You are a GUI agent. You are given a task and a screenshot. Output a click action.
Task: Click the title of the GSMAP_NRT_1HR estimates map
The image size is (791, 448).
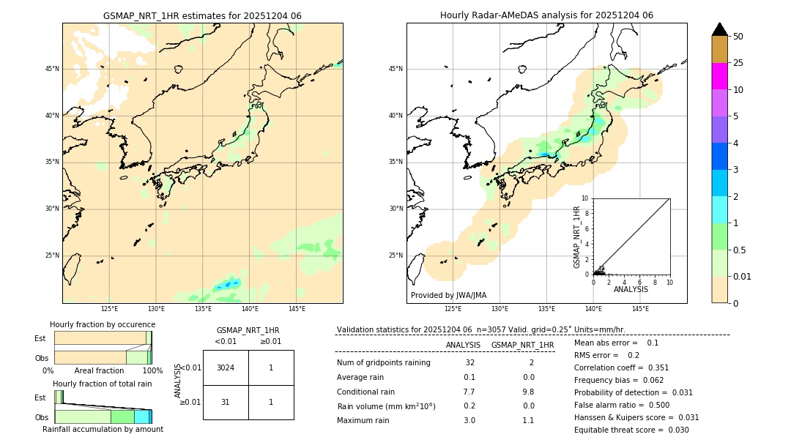tap(202, 15)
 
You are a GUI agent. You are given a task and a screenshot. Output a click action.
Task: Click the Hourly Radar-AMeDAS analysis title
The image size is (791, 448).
tap(546, 15)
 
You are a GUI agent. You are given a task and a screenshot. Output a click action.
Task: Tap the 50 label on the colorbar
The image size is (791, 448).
tap(738, 37)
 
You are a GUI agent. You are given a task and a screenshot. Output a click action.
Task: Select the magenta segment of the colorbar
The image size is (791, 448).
tap(720, 76)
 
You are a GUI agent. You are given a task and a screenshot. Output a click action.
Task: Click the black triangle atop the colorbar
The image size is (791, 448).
tap(720, 29)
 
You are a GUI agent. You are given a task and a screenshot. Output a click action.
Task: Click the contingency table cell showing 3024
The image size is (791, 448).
tap(226, 367)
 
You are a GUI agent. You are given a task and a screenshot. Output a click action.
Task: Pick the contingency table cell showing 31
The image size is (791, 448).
tap(226, 402)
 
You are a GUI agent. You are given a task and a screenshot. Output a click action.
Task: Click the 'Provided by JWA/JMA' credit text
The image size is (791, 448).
tap(448, 295)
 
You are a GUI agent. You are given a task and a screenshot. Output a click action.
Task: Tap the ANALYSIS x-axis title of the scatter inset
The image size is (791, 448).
tap(631, 289)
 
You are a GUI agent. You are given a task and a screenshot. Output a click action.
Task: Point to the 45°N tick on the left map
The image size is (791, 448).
tap(52, 69)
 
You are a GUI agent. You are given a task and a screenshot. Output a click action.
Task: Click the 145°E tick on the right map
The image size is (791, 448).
tap(640, 309)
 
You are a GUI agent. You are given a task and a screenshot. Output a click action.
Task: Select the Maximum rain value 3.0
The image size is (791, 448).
tap(469, 420)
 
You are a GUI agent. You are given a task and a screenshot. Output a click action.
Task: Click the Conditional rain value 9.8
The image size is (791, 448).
tap(528, 392)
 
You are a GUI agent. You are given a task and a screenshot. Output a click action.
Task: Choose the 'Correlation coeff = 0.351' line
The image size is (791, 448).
tap(622, 367)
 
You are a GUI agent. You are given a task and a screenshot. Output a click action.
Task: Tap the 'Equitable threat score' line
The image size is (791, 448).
tap(631, 430)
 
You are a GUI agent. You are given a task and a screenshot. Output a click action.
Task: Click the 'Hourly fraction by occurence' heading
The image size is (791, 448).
tap(103, 324)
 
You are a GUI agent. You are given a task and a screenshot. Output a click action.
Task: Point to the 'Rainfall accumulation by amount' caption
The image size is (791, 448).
tap(103, 429)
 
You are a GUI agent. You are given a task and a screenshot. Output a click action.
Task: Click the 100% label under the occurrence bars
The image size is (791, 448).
tap(152, 370)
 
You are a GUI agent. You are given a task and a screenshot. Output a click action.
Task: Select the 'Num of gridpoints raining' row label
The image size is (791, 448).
tap(384, 362)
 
